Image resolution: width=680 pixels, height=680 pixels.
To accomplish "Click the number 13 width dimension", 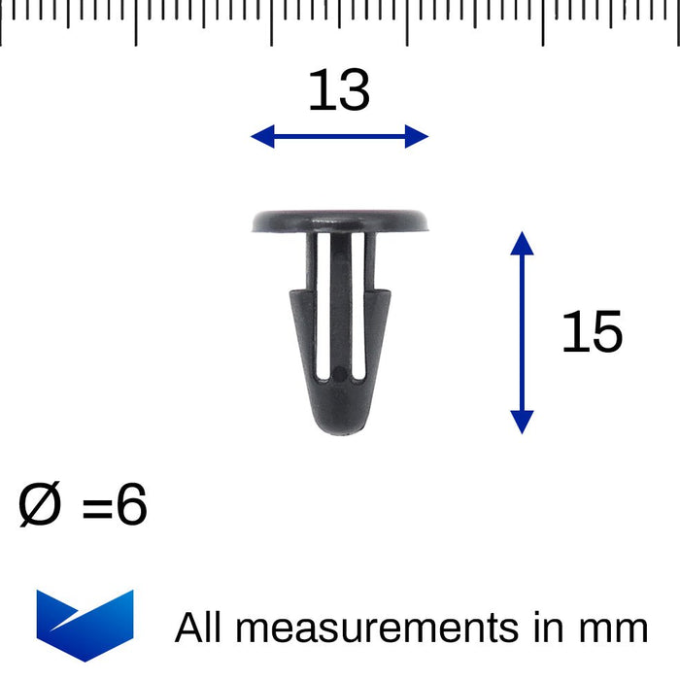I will pos(339,91).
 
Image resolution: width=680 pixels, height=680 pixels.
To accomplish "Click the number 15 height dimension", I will pos(592,333).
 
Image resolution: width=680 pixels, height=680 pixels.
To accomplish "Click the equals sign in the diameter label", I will pos(97,509).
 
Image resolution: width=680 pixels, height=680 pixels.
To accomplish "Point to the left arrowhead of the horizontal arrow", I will pos(260,137).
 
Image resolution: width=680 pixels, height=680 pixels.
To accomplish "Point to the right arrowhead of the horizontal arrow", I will pos(418,137).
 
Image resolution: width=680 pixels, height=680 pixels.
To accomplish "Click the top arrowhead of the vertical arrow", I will pos(522,243).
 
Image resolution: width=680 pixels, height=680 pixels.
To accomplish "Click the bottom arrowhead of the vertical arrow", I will pos(522,422).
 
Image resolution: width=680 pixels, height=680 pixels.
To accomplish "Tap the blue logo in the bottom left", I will pos(85,624).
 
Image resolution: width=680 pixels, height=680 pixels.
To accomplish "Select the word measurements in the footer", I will pos(377,628).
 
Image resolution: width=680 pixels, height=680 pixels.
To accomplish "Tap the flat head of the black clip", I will pos(340,221).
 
